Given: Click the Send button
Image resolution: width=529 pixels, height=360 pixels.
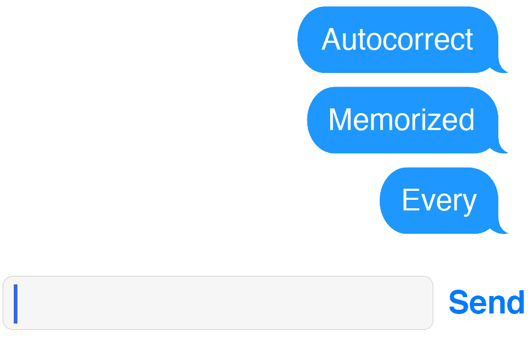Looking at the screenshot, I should [486, 302].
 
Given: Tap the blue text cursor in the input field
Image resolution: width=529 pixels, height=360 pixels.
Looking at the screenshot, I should [16, 303].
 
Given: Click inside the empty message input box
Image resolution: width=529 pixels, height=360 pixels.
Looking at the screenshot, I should [222, 303].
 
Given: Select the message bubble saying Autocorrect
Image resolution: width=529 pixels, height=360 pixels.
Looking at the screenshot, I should [397, 40].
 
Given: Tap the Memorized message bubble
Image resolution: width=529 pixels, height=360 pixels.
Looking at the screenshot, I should [401, 120].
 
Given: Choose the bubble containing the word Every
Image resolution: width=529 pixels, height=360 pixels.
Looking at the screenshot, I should [439, 200].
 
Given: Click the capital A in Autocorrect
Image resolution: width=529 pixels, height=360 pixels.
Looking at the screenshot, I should [331, 40].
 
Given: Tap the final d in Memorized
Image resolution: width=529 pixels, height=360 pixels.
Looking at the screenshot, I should [466, 120].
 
